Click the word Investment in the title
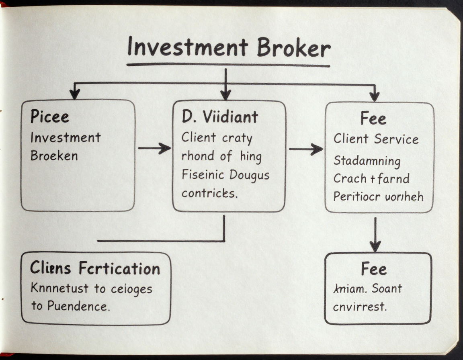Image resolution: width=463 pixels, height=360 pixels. pos(186,48)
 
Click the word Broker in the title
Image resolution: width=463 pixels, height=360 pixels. pos(294,49)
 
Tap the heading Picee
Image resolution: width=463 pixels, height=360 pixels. pos(49,117)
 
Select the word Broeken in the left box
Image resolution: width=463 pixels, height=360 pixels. pos(54,155)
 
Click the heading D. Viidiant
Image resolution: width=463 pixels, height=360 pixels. pos(219,117)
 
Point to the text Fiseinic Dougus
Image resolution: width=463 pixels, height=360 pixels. pos(225,175)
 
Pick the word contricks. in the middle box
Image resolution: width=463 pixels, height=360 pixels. pos(208,193)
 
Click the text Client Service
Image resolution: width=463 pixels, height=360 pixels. pos(376,139)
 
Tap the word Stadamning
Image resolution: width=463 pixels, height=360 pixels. pos(367,161)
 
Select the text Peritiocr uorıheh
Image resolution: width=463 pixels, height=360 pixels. pos(378,196)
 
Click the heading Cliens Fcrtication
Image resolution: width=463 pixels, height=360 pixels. pos(95,268)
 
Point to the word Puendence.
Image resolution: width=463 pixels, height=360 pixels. pos(78,306)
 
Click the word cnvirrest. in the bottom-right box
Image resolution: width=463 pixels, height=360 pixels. pos(360,307)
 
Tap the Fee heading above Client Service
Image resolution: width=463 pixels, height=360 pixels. pos(373,119)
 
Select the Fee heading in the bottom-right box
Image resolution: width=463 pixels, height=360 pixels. pos(374,269)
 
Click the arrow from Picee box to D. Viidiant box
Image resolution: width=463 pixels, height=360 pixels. pos(154,148)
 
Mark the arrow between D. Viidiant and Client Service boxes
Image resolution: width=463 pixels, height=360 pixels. pos(305,149)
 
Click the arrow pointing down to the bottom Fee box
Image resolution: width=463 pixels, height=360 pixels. pos(375,235)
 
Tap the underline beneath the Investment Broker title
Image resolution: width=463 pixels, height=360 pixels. pos(228,65)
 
